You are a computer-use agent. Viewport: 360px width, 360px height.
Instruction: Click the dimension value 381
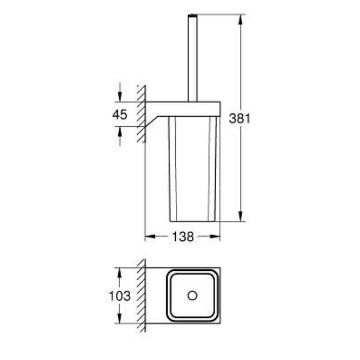pos(240,119)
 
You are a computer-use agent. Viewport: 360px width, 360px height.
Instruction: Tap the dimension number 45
pos(120,114)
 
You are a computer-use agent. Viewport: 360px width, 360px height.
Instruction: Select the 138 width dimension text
pos(183,237)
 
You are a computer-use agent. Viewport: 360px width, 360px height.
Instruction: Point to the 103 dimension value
pos(120,296)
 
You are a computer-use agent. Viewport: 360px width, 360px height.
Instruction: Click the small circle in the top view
pos(192,296)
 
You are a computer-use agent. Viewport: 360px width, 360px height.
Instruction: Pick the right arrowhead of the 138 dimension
pos(215,237)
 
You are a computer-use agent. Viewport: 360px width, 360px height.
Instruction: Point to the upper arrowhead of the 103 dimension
pos(120,273)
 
